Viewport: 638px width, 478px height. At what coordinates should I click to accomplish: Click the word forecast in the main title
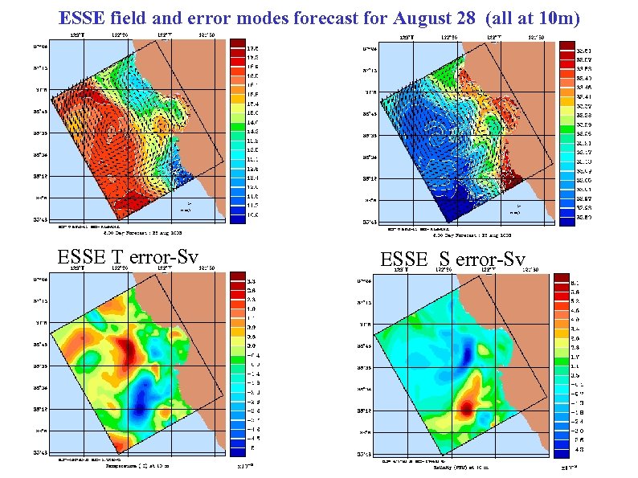click(x=310, y=17)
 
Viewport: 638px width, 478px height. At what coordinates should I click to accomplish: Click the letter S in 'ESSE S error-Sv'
click(x=443, y=260)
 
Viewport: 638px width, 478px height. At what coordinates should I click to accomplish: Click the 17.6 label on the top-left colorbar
click(x=251, y=48)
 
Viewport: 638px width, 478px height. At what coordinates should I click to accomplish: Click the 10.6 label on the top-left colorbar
click(x=251, y=215)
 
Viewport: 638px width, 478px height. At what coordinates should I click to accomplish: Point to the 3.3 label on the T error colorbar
click(x=251, y=281)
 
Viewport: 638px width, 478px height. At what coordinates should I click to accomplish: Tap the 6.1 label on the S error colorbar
click(x=573, y=283)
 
